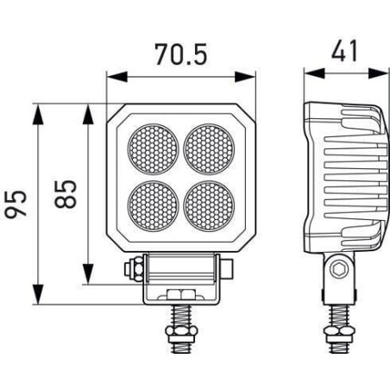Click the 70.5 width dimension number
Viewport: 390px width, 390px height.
[x=181, y=53]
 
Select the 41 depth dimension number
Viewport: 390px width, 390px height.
[x=344, y=51]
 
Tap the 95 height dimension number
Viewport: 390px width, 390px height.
[x=16, y=204]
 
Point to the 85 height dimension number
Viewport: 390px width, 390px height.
[x=66, y=194]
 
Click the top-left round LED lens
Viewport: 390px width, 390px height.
[x=153, y=149]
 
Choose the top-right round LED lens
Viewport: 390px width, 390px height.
[x=209, y=149]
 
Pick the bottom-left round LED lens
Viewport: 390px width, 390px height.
[x=153, y=206]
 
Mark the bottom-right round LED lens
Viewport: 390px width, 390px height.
[x=209, y=206]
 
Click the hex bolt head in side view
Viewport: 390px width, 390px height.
[x=339, y=269]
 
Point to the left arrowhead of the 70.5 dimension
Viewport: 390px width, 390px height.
[x=117, y=77]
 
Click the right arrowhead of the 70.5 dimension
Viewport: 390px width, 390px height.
[x=245, y=77]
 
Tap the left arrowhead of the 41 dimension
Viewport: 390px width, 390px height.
[x=315, y=73]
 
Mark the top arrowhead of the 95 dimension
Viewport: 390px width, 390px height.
[x=38, y=114]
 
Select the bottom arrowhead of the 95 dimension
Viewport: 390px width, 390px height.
[x=38, y=294]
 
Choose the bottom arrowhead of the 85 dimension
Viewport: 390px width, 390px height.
[x=88, y=274]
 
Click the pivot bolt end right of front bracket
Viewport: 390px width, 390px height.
[x=227, y=269]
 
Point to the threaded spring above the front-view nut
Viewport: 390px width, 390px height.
[x=181, y=316]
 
